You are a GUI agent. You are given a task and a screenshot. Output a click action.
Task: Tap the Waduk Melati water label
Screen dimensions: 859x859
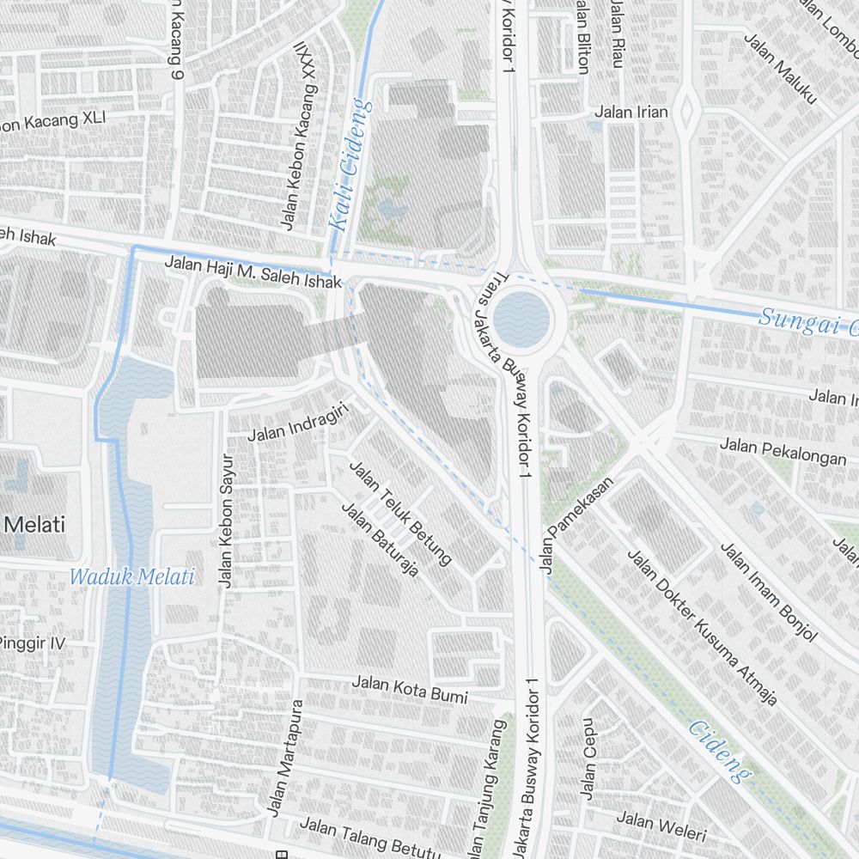coord(132,576)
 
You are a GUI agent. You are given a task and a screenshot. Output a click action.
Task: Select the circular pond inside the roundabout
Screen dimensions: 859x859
coord(522,317)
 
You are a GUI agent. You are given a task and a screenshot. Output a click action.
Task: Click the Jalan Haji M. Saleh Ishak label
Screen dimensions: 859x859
coord(253,272)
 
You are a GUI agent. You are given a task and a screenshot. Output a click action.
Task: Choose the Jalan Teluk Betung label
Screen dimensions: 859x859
coord(399,513)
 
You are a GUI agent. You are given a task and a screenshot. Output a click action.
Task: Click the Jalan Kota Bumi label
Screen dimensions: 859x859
coord(410,689)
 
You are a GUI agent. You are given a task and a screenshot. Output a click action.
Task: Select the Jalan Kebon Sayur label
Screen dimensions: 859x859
coord(226,520)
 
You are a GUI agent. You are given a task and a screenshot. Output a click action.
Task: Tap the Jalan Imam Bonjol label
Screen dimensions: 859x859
coord(769,592)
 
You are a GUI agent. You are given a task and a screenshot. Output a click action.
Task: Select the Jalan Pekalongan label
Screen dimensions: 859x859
coord(783,451)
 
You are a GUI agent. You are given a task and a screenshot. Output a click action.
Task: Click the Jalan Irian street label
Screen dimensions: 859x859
coord(631,113)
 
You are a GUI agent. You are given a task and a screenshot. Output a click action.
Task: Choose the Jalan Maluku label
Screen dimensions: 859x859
coord(779,69)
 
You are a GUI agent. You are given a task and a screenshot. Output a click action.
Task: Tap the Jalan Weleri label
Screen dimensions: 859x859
coord(661,826)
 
